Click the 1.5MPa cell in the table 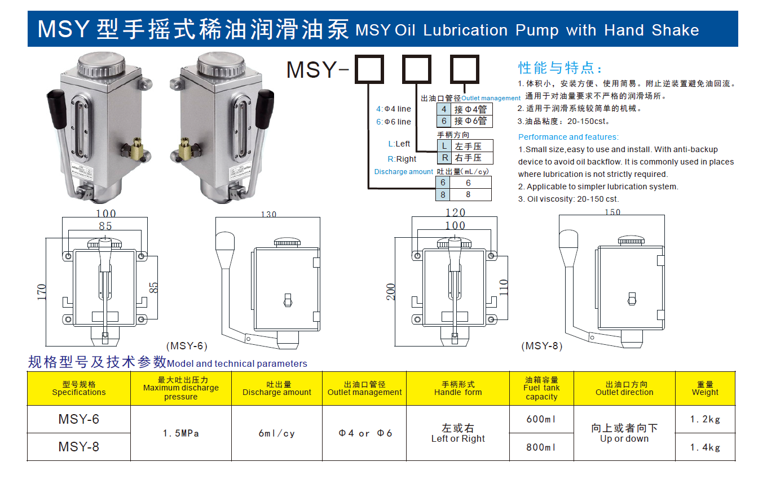pos(180,433)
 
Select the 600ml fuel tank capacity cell pos(541,419)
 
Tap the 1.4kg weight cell pos(705,447)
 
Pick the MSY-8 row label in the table pos(78,447)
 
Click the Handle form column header pos(457,388)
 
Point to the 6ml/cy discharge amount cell pos(276,433)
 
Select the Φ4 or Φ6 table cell pos(364,433)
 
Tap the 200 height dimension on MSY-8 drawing pos(391,292)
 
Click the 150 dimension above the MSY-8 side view pos(612,212)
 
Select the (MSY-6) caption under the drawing pos(187,345)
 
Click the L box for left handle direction pos(444,146)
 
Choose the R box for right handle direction pos(444,158)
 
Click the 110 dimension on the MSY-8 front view pos(504,287)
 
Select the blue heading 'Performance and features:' pos(568,137)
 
